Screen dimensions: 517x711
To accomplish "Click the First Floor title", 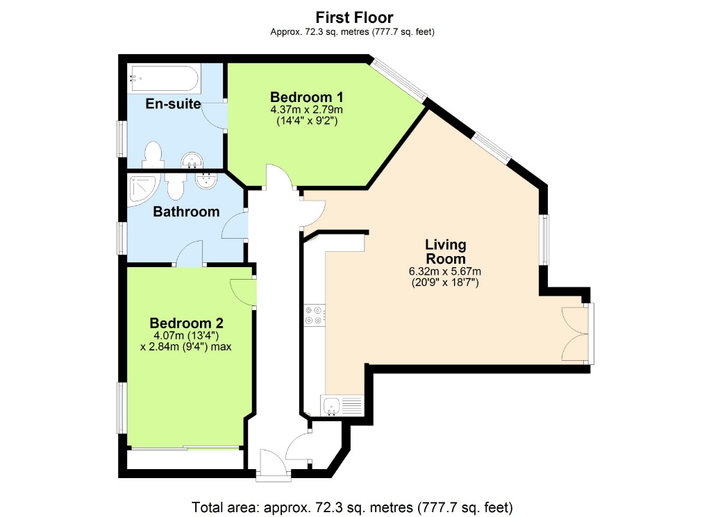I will point(355,17).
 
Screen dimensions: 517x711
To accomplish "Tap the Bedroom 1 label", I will point(306,96).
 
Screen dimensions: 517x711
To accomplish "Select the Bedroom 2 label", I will point(186,323).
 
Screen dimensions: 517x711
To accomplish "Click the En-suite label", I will point(173,105).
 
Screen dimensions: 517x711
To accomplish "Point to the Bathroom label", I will point(186,212).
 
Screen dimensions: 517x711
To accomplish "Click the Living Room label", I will point(445,251).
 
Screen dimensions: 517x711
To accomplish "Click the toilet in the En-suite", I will point(152,155).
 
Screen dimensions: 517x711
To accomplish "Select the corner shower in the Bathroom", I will point(143,188).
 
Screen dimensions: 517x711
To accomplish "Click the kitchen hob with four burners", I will point(314,316).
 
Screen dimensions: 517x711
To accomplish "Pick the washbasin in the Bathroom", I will point(206,183).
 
